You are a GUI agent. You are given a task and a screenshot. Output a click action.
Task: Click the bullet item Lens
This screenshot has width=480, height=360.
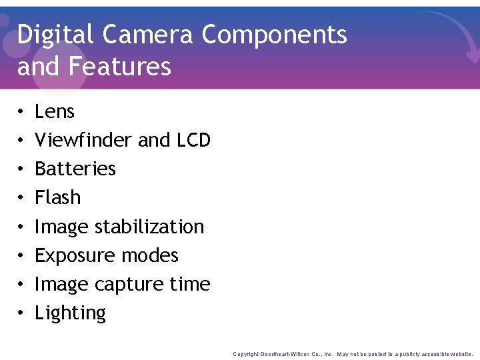[x=55, y=111]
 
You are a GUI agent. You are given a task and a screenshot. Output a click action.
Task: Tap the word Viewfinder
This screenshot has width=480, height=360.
[x=83, y=140]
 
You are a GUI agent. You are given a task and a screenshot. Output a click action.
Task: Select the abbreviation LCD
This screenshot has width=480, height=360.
[x=193, y=140]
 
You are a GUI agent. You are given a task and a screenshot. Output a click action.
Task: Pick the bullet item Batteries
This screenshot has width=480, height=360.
[x=75, y=169]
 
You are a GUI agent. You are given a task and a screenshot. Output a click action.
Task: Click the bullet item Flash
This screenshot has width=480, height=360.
[x=58, y=197]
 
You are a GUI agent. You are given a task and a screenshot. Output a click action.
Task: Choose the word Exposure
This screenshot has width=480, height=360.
[x=73, y=255]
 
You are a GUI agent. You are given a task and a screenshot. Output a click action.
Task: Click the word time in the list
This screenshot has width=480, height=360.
[x=190, y=284]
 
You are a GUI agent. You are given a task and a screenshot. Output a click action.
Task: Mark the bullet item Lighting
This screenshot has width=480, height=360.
[x=71, y=313]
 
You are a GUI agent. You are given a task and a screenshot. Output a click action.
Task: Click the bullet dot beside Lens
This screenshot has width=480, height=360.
[x=21, y=112]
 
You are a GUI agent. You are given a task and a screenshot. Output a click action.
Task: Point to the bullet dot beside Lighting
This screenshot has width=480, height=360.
[x=21, y=313]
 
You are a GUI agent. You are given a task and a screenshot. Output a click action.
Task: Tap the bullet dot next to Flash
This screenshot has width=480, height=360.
[x=21, y=198]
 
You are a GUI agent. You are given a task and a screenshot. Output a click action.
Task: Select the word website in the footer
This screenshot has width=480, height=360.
[x=458, y=354]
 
